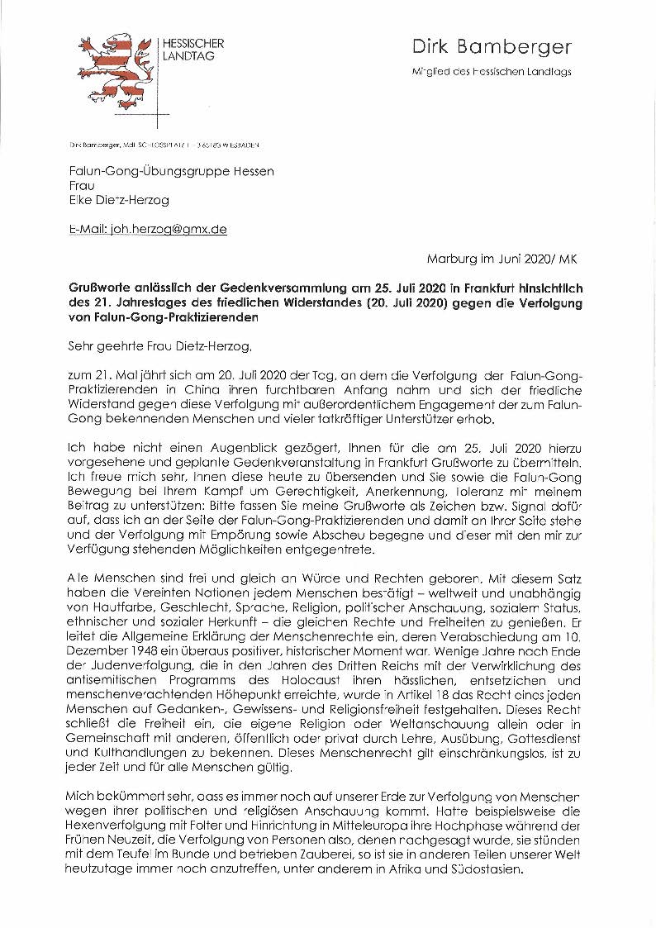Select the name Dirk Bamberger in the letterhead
491,47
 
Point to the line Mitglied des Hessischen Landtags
492,72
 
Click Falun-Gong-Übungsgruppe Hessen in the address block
171,170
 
